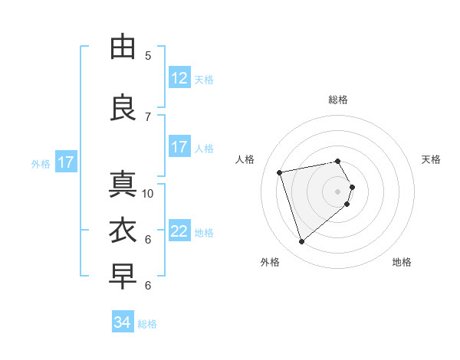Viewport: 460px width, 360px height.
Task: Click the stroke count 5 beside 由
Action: pos(148,55)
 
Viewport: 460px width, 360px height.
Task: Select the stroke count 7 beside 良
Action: pos(148,116)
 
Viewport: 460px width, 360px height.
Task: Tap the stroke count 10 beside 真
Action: pos(148,193)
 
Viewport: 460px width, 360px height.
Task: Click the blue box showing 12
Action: pos(179,78)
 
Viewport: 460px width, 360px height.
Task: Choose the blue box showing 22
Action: pos(179,231)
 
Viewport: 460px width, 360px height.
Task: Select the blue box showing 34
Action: pos(123,322)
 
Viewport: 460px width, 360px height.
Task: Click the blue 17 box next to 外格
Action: pos(65,162)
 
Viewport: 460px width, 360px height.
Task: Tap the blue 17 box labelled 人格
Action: pos(179,147)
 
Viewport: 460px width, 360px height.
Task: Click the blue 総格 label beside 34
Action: pos(147,324)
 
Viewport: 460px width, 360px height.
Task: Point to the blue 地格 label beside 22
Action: pos(204,233)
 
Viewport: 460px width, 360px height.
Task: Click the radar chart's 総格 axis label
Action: pos(338,100)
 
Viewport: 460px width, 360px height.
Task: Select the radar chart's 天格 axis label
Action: pos(431,159)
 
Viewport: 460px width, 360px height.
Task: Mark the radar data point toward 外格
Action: pos(301,242)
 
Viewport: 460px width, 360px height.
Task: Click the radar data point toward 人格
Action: pos(280,172)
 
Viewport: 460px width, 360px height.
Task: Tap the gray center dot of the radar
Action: pos(337,191)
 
